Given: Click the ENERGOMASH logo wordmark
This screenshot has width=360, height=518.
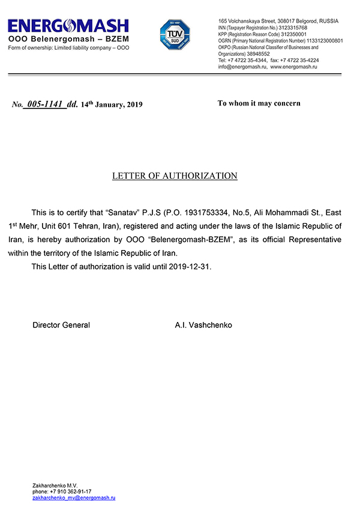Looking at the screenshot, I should coord(68,26).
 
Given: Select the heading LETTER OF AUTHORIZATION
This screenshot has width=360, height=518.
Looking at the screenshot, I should coord(175,176).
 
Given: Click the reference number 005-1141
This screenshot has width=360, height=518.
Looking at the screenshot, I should coord(44,104).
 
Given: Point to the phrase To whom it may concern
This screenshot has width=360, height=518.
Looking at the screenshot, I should coord(259,103).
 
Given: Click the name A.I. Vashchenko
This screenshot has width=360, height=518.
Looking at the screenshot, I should coord(203,325).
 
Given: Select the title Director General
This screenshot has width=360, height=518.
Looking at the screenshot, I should coord(61,325).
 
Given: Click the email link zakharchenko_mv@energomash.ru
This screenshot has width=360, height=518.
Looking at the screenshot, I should coord(74,498).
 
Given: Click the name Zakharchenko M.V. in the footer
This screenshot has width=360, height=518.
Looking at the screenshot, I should coord(55,485).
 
